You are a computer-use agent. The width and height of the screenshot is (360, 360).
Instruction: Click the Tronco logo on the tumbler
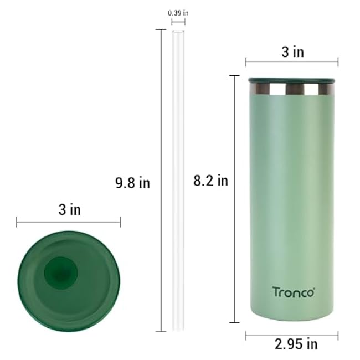293,291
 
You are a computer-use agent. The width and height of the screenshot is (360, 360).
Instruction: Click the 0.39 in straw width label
178,12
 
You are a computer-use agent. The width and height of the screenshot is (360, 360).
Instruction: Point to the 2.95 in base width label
296,344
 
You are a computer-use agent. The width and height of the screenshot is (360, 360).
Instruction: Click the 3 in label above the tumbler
292,52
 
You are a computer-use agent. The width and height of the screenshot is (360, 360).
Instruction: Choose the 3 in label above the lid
69,210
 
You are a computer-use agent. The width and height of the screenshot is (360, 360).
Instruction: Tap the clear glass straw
178,183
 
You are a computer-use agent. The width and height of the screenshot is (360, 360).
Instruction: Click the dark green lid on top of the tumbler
292,80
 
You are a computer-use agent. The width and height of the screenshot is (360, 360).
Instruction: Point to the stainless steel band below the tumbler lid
292,89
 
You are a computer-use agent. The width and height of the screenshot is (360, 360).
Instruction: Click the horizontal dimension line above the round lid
69,223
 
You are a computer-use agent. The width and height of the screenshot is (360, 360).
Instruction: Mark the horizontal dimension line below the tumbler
292,334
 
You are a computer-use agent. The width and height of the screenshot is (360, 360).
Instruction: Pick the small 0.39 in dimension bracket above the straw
178,22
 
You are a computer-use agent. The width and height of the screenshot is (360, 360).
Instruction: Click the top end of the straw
178,32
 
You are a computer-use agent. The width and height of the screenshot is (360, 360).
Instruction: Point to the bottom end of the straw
178,329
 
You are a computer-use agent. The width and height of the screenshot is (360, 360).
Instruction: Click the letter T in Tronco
275,291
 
